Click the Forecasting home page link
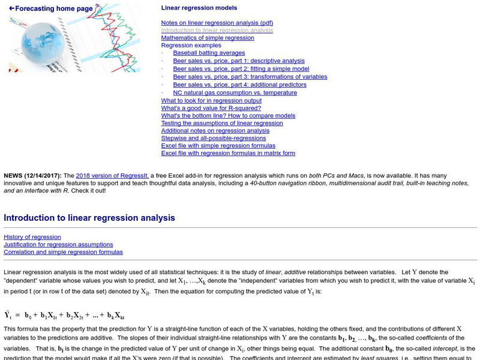(x=51, y=8)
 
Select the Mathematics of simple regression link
(x=207, y=38)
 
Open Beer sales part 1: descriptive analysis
(x=238, y=61)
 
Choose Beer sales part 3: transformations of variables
(x=250, y=77)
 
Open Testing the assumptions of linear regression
(x=221, y=123)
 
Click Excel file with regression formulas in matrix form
(x=228, y=153)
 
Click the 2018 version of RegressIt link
(x=112, y=175)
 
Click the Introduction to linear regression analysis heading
(x=89, y=218)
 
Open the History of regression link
(x=32, y=237)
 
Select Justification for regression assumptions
(x=58, y=245)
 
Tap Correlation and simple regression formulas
(x=63, y=252)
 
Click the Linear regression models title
(x=199, y=8)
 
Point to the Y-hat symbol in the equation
(x=8, y=315)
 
